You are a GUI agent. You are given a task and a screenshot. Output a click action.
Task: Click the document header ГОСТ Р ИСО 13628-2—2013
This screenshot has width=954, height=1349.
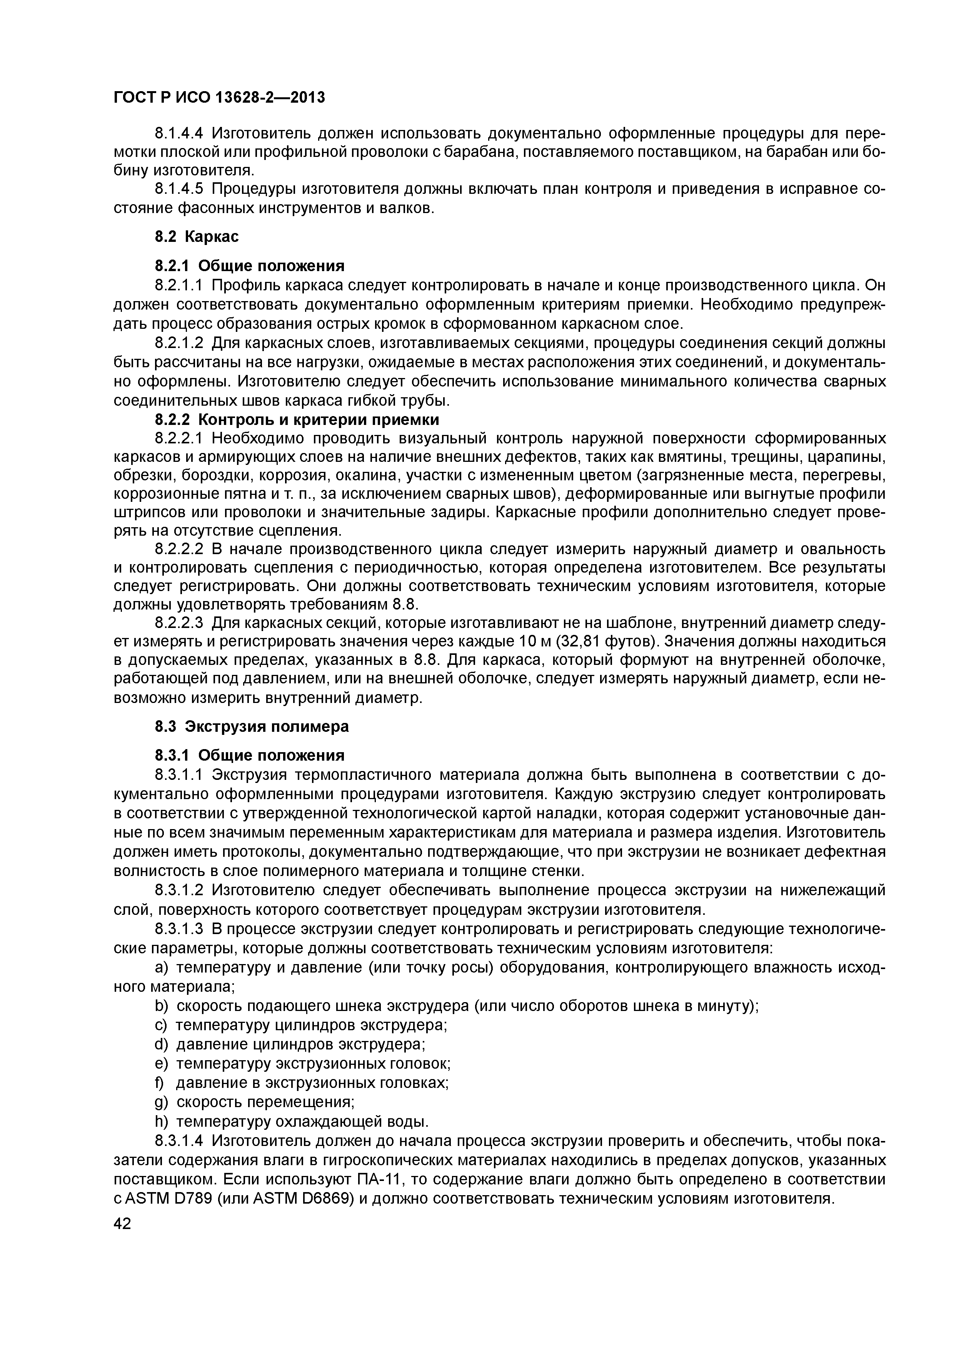point(218,97)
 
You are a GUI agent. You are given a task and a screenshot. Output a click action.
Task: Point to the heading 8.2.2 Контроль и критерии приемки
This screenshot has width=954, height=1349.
point(297,420)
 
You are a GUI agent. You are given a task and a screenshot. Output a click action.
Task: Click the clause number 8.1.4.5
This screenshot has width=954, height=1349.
point(179,189)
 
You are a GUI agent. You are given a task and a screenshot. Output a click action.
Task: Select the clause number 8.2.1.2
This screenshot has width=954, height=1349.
point(179,343)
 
